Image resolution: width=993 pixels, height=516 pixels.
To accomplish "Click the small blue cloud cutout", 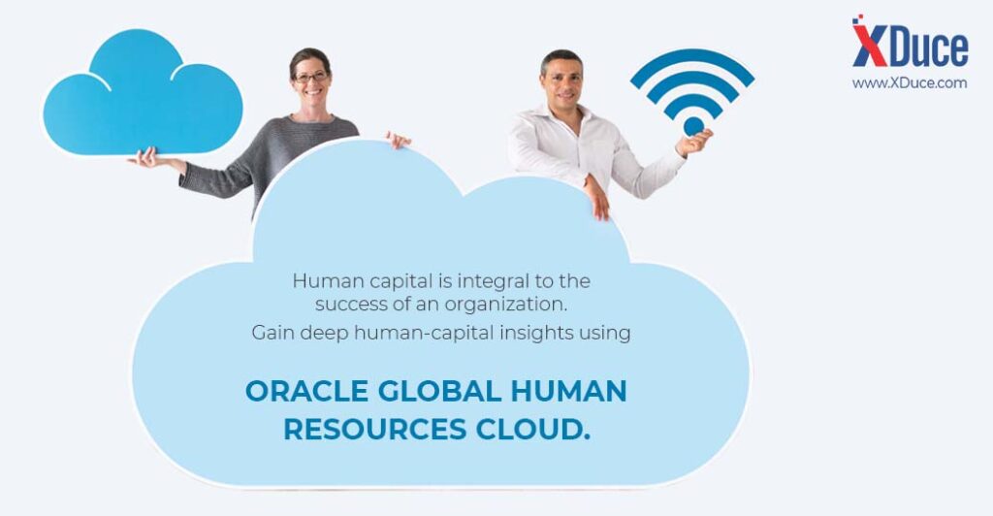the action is (143, 95).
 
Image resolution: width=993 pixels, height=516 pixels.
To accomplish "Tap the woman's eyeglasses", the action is (311, 78).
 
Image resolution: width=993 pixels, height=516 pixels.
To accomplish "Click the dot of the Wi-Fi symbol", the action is (693, 126).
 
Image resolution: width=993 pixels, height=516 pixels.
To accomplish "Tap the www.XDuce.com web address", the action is (910, 83).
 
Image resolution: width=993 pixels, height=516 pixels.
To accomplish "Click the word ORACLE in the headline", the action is (306, 391).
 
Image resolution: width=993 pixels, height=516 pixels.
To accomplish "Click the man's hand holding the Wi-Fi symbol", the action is (694, 143).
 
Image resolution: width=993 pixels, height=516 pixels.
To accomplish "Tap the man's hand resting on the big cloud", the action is (597, 198).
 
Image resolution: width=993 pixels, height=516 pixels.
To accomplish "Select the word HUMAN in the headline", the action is (568, 391).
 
